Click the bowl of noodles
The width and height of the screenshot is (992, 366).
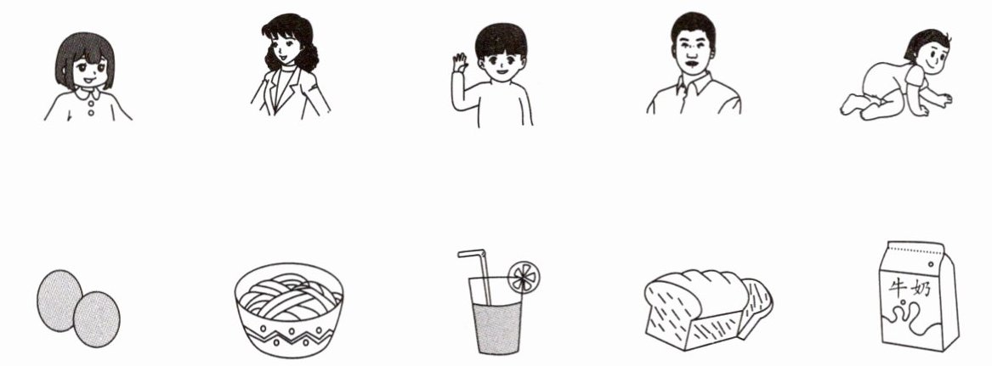click(288, 310)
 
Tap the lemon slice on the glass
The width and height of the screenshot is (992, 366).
click(524, 278)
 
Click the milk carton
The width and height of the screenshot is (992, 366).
click(918, 296)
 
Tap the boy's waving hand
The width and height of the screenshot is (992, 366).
click(460, 63)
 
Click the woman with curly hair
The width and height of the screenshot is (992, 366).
click(291, 65)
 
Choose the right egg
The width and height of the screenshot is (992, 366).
click(97, 319)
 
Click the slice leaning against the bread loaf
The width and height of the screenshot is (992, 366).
click(756, 308)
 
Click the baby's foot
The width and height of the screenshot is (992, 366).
click(850, 104)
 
